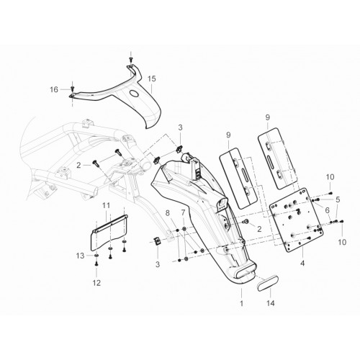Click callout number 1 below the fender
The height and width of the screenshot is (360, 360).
241,303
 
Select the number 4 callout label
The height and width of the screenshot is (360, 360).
302,264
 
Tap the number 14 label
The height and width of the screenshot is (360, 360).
271,303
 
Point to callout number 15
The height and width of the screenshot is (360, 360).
152,78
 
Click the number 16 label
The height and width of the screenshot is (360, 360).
54,89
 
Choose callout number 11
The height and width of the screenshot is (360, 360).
106,205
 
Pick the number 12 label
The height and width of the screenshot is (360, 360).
96,283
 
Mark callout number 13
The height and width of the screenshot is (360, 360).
81,256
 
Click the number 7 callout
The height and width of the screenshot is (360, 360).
184,212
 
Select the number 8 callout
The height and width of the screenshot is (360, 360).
168,212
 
